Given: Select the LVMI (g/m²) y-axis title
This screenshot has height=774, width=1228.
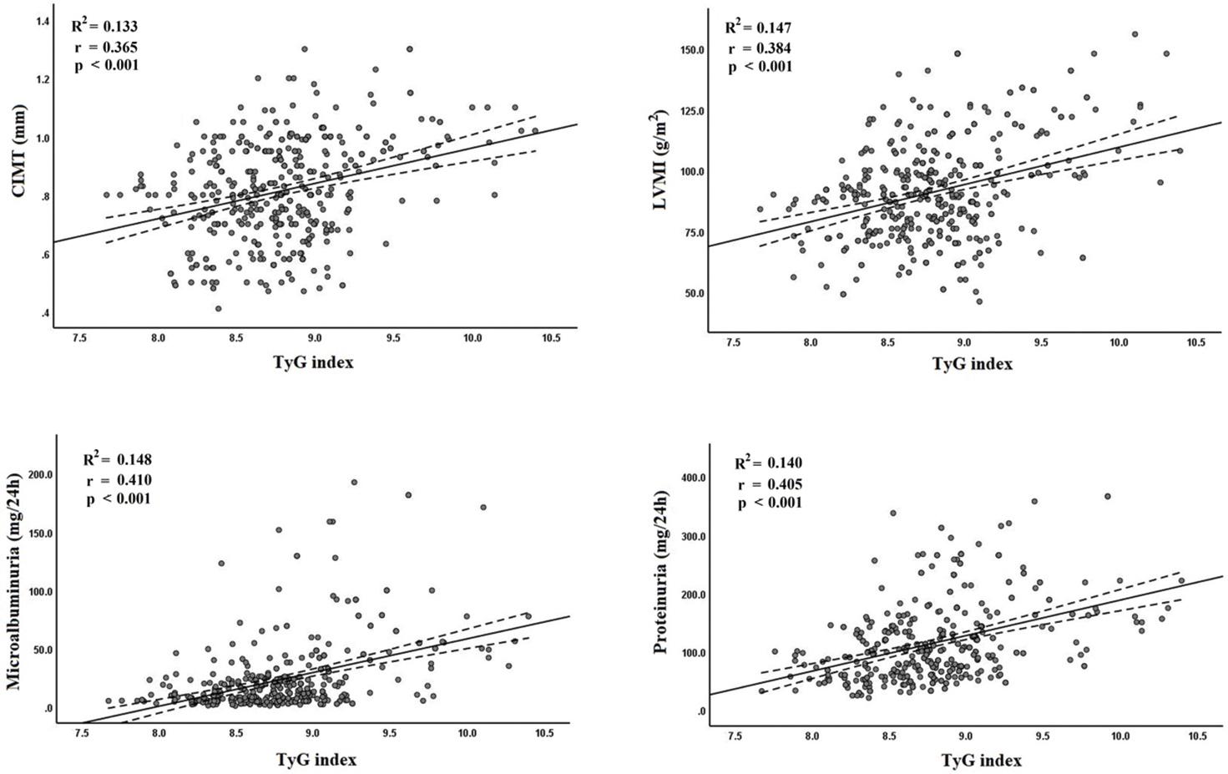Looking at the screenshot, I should pos(665,159).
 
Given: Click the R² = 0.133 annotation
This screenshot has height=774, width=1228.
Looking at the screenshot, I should pos(104,27).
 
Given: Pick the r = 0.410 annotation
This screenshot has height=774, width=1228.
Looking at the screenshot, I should pos(118,479).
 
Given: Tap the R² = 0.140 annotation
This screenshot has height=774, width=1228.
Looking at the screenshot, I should pos(769,463).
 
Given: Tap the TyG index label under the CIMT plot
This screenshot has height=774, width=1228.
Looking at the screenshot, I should pos(315,363).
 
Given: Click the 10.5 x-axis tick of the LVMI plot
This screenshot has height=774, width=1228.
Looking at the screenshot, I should pos(1195,343).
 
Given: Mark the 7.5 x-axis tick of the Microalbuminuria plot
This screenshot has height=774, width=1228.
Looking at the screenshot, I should pos(82,734).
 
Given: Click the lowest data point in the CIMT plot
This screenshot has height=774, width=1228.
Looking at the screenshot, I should pos(219,308).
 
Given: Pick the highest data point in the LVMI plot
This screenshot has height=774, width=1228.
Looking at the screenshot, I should pos(1135,34).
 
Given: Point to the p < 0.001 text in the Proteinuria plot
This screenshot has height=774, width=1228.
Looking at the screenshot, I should pos(771,503).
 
